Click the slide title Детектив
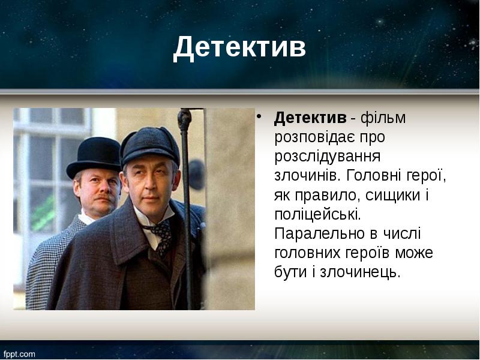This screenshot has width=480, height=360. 239,48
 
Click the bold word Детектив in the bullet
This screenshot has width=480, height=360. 310,118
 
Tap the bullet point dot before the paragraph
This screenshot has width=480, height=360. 259,116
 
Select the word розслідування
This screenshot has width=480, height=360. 328,157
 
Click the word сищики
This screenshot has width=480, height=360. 388,195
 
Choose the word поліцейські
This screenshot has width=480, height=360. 318,214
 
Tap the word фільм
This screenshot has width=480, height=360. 387,118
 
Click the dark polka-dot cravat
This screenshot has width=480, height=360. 160,231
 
